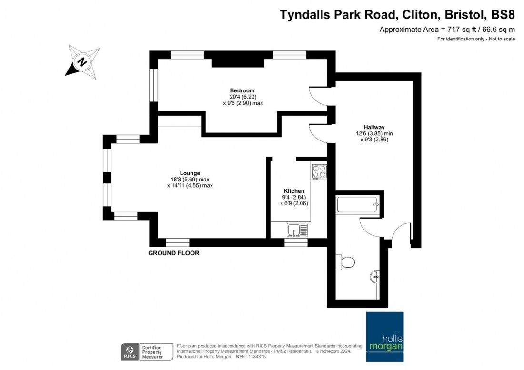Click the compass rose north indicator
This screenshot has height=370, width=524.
pyautogui.click(x=82, y=62)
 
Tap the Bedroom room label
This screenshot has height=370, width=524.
pyautogui.click(x=242, y=90)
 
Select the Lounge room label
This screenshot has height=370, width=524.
pyautogui.click(x=190, y=173)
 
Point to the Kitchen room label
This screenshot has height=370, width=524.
pyautogui.click(x=294, y=191)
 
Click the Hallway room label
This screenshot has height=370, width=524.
pyautogui.click(x=374, y=127)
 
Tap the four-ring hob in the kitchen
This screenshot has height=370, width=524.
pyautogui.click(x=319, y=172)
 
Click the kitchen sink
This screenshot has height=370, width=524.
pyautogui.click(x=297, y=230)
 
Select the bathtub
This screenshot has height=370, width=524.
pyautogui.click(x=358, y=204)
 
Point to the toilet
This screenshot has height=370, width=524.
pyautogui.click(x=345, y=262)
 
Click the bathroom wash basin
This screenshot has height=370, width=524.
pyautogui.click(x=375, y=277)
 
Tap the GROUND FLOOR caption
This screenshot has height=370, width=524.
pyautogui.click(x=174, y=253)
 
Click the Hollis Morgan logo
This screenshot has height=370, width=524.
pyautogui.click(x=384, y=337)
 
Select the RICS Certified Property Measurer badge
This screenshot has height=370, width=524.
pyautogui.click(x=147, y=352)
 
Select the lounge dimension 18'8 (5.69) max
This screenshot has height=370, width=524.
pyautogui.click(x=190, y=180)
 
